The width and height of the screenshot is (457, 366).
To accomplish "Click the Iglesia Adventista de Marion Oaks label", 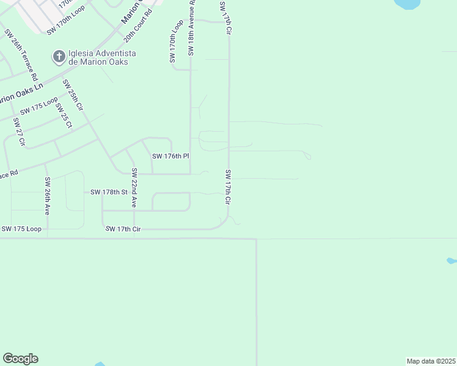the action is click(x=102, y=58).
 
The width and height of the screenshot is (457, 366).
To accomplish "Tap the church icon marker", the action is click(x=59, y=57).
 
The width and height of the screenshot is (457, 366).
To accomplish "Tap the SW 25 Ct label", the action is click(x=64, y=116).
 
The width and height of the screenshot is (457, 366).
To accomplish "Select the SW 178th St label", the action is click(x=108, y=192).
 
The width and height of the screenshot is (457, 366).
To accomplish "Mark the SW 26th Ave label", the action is click(x=47, y=196).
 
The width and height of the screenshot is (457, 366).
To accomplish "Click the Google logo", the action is click(x=20, y=359).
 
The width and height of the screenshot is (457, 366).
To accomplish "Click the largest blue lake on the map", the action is click(x=408, y=4).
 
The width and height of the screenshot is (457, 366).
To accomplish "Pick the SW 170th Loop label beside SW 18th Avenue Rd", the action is click(x=176, y=41).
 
